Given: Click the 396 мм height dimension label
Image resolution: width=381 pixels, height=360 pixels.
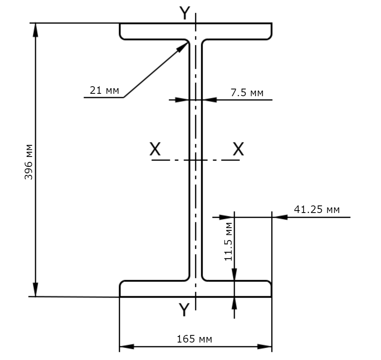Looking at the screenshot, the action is pos(29,162).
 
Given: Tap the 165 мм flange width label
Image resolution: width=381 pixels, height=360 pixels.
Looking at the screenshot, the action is pos(194,339).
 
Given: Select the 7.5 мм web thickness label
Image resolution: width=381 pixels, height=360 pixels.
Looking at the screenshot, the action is pos(247,93).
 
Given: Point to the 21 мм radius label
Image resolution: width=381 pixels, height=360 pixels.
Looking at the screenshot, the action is pos(104,90).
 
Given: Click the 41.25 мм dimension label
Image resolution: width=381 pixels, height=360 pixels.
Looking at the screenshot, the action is pos(317,209).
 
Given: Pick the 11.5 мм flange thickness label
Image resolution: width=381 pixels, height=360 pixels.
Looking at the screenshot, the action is pos(229,242).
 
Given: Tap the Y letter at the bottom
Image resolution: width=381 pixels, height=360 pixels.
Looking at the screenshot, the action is pos(184,310).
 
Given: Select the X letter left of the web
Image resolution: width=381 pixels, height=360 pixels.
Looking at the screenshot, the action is pos(155,149).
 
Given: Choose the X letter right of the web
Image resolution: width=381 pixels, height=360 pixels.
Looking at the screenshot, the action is pos(239,149).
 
